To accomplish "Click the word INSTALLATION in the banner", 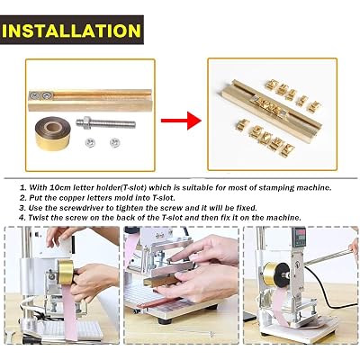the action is [71, 31].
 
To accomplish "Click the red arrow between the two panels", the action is [181, 121].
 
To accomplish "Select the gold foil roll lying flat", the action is [53, 133].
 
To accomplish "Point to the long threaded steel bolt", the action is [105, 123].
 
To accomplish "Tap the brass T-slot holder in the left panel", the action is [90, 100].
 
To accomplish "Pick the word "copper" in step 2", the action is [73, 198].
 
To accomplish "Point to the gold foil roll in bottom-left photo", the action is [66, 272].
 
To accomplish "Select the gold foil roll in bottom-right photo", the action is [273, 274].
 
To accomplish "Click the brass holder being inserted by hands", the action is [164, 281].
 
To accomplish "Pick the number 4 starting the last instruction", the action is [22, 218].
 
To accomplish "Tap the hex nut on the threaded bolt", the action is [87, 122].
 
